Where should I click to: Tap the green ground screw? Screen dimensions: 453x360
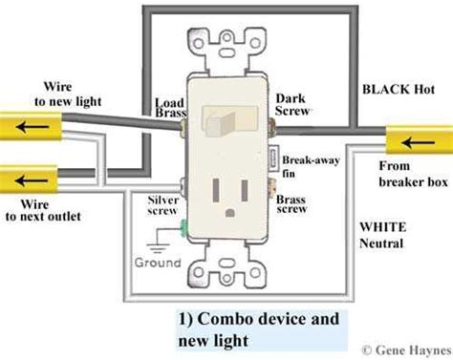point(183,228)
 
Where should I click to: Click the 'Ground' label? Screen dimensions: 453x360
point(158,263)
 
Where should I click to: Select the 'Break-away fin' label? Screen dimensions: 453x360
point(311,166)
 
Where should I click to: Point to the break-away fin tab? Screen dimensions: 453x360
point(274,159)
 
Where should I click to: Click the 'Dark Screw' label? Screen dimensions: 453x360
point(292,104)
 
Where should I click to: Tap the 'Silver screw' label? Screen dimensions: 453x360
point(162,205)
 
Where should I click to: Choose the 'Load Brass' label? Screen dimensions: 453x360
point(170,108)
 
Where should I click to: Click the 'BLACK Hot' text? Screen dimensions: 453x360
point(399,89)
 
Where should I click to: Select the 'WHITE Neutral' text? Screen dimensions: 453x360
point(382,235)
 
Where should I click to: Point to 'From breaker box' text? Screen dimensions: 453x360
point(413,174)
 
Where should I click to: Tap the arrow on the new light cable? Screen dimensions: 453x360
point(32,127)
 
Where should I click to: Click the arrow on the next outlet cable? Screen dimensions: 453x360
point(32,180)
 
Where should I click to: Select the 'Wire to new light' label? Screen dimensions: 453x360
point(67,95)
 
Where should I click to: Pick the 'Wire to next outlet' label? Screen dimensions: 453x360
point(43,210)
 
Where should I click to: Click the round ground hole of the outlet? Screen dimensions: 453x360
point(229,212)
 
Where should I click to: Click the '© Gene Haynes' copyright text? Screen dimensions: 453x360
point(407,350)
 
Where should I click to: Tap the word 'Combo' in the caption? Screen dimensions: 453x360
point(226,319)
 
